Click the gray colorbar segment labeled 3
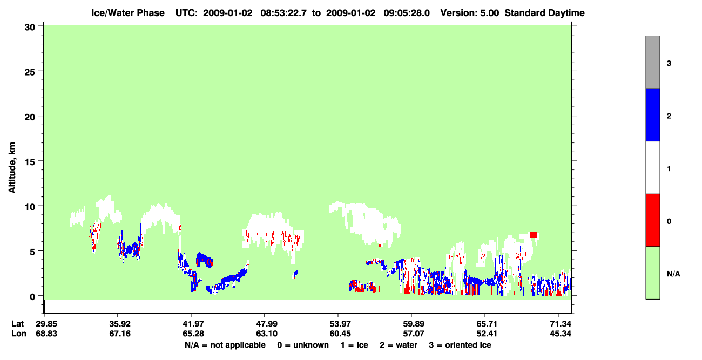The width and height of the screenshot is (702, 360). click(x=652, y=62)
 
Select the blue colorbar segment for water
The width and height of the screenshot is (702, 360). click(x=652, y=114)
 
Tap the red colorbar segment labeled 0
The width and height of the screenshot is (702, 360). click(x=652, y=220)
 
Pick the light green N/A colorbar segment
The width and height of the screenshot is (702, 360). click(x=652, y=273)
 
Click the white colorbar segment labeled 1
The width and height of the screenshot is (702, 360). click(x=652, y=167)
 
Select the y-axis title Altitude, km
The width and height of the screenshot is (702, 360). click(x=12, y=168)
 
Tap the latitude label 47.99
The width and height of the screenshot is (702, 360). click(x=267, y=324)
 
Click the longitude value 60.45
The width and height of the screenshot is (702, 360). click(x=340, y=334)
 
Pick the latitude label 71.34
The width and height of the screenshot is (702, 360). click(x=561, y=324)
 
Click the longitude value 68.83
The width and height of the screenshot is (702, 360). click(x=46, y=334)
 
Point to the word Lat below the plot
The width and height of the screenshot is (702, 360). click(x=18, y=324)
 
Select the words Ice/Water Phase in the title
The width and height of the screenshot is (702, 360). click(x=128, y=13)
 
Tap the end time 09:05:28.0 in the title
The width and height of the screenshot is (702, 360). click(x=407, y=13)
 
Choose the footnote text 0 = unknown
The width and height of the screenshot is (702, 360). click(x=303, y=345)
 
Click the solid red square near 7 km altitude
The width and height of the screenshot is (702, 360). click(x=533, y=234)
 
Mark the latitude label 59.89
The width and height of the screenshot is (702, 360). click(x=414, y=324)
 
